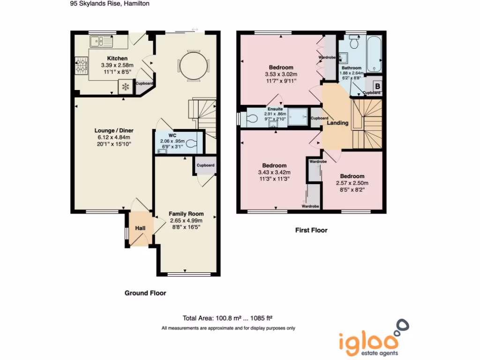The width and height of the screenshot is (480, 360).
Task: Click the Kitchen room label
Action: click(x=114, y=59)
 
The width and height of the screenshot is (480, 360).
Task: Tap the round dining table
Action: click(x=193, y=66)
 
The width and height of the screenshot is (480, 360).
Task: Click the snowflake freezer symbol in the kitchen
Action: click(x=125, y=87)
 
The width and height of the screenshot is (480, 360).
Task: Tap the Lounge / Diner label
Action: click(x=114, y=130)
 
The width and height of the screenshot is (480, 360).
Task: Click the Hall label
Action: click(x=140, y=228)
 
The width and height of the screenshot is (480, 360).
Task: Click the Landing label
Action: click(x=337, y=123)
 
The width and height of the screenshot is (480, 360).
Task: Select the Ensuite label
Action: click(x=275, y=109)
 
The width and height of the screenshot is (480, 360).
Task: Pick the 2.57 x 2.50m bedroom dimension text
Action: click(x=352, y=183)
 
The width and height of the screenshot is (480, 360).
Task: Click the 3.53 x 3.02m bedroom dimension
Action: click(x=281, y=74)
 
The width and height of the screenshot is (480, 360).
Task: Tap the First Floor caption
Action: click(x=311, y=230)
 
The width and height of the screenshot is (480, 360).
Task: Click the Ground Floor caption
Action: click(x=145, y=293)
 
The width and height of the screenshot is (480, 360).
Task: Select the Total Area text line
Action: click(x=228, y=317)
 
